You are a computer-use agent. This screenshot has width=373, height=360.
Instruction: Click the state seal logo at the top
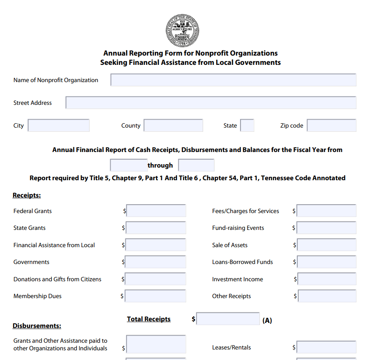pos(182,30)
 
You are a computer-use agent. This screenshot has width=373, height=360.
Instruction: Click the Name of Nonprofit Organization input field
pos(233,80)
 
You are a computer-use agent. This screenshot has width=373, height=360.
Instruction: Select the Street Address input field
pos(211,103)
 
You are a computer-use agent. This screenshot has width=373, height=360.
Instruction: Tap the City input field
pos(58,125)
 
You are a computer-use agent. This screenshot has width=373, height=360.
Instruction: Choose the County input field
pos(173,125)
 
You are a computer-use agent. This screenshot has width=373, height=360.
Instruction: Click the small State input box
pos(247,125)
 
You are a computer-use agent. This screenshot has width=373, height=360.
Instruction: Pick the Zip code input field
pos(331,125)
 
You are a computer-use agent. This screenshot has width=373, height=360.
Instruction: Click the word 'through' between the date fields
pos(160,165)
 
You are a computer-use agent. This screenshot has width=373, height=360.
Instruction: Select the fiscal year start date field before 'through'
pos(128,165)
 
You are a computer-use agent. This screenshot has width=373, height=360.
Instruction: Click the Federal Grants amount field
pos(156,211)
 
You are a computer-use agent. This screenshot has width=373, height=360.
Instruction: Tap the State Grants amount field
pos(156,228)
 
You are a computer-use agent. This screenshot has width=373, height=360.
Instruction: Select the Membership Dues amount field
pos(156,296)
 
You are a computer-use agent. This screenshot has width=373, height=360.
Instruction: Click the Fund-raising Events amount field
pos(326,228)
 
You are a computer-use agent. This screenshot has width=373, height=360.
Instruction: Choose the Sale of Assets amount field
pos(326,245)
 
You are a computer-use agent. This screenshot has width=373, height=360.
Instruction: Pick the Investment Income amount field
pos(327,279)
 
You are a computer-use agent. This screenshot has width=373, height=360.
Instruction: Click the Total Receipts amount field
pos(228,319)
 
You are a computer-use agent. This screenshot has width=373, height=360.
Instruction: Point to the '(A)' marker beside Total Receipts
pos(267,320)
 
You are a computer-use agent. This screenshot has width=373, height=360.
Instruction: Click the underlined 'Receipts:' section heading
pos(26,195)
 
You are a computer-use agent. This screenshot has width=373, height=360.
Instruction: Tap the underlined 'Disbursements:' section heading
pos(37,326)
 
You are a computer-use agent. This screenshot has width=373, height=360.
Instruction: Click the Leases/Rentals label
pos(231,347)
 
